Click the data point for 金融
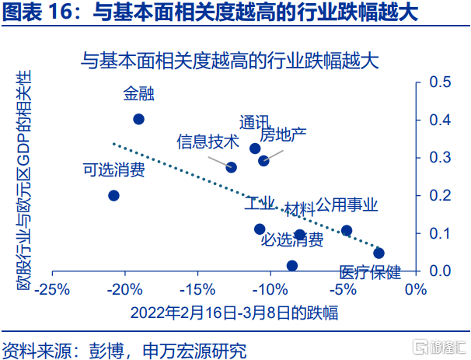pos(138,119)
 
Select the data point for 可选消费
pos(113,195)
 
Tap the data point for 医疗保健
pos(379,253)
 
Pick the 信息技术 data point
pos(231,167)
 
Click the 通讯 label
pos(254,123)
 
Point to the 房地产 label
pos(283,135)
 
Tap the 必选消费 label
pos(291,240)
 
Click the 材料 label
pos(298,209)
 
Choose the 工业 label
pos(260,204)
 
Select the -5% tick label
pos(344,289)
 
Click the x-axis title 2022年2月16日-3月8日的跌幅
pos(234,313)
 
